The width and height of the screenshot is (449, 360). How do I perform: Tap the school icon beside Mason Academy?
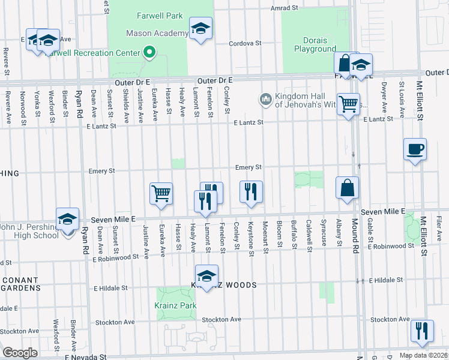(x=200, y=28)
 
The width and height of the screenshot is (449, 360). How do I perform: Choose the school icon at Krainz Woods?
(x=206, y=277)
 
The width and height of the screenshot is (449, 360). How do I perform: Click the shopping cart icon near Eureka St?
(x=161, y=194)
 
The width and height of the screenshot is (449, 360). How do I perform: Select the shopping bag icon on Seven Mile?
(x=347, y=188)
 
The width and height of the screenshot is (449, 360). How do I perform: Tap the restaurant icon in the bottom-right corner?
(x=421, y=331)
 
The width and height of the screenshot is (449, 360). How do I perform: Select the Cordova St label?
(x=246, y=43)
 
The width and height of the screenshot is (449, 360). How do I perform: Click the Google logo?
(x=20, y=353)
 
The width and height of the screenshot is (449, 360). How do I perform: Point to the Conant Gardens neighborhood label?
(x=20, y=286)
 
